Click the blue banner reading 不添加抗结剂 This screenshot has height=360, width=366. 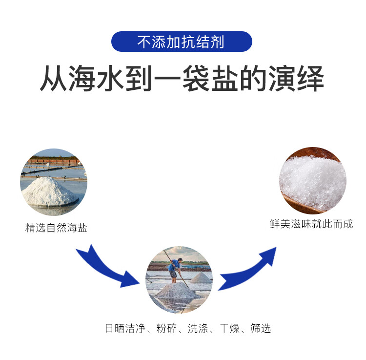182,42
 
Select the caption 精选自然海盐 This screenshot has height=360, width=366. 56,228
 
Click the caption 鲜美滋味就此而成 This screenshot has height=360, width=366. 311,225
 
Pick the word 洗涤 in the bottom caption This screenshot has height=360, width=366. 199,328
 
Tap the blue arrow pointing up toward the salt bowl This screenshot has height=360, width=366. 249,269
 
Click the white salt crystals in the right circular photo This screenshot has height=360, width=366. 312,176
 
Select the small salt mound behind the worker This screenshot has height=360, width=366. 201,278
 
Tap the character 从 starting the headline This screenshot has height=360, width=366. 54,80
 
